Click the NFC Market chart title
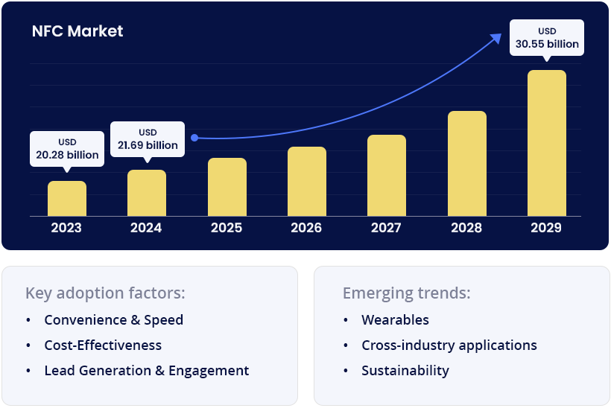77,31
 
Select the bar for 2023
67,199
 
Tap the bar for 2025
227,187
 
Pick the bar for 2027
387,176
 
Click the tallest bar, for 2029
547,143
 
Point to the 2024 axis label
146,228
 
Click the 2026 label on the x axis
306,228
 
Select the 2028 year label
466,228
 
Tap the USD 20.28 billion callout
67,149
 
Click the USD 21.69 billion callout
148,138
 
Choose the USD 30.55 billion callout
547,38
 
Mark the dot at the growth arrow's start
194,138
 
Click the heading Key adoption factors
105,293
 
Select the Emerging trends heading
406,293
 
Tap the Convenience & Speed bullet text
113,320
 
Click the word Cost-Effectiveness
103,345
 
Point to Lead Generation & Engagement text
147,371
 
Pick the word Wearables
395,320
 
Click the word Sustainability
405,371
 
